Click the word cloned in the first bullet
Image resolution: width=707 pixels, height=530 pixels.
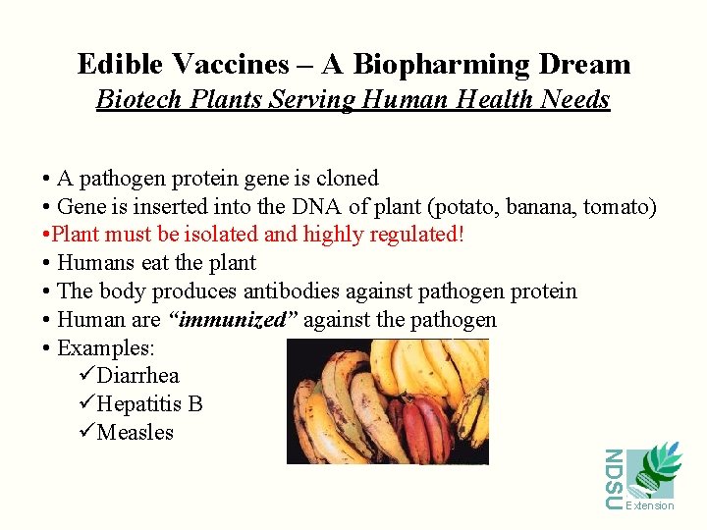(x=347, y=179)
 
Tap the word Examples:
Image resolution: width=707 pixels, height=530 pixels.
(x=106, y=348)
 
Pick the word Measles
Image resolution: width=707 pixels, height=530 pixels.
(x=135, y=433)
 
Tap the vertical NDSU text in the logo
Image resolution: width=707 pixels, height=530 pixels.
(x=613, y=479)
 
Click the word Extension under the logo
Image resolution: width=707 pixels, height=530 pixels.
(x=651, y=505)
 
